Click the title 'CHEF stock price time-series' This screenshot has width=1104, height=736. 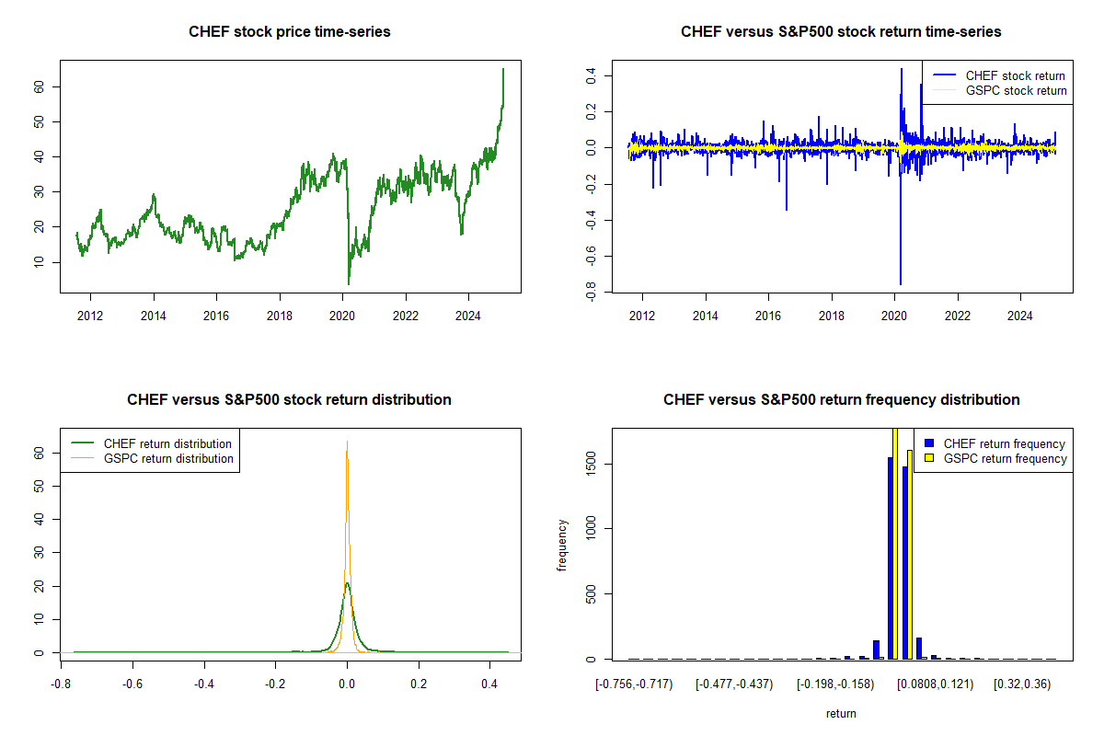pyautogui.click(x=290, y=32)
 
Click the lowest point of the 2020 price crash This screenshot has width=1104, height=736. pyautogui.click(x=349, y=283)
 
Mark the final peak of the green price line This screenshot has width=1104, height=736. pyautogui.click(x=503, y=69)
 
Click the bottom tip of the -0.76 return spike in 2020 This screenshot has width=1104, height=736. pyautogui.click(x=900, y=283)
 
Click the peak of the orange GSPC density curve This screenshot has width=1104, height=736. pyautogui.click(x=347, y=442)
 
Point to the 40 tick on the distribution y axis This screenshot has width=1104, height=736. pyautogui.click(x=40, y=519)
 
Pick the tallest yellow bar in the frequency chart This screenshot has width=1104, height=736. pyautogui.click(x=894, y=543)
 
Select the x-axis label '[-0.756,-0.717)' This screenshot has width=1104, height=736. pyautogui.click(x=635, y=684)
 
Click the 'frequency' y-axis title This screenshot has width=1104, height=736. pyautogui.click(x=563, y=545)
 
